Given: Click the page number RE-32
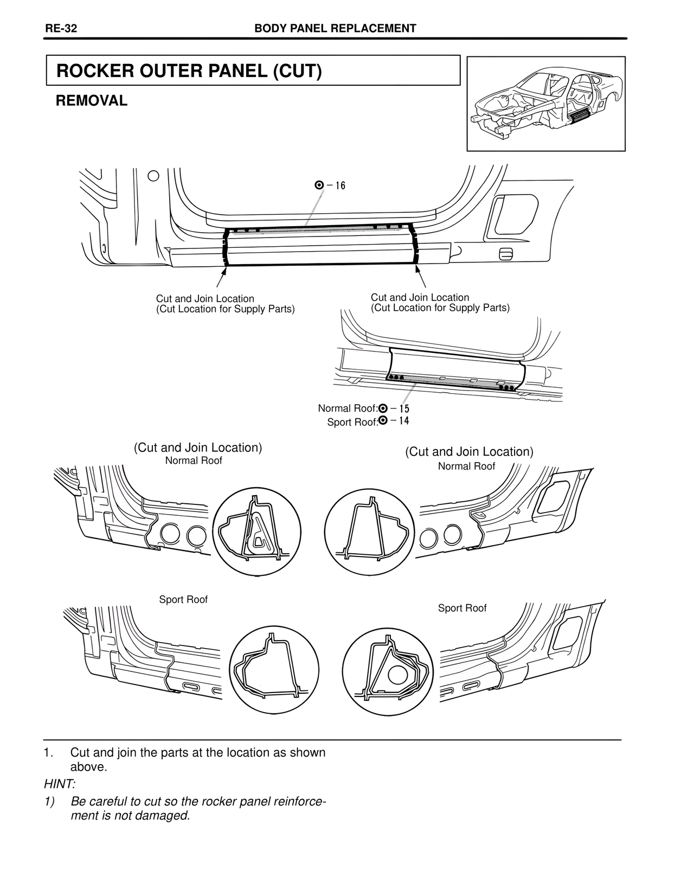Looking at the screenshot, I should click(61, 29).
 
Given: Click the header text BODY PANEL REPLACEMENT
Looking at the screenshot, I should click(335, 29).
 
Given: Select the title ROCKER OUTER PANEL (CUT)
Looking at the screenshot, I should click(189, 71).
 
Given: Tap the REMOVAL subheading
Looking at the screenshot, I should click(92, 101).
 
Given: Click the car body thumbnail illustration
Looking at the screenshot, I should click(546, 104).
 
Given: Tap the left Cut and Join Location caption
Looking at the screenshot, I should click(225, 304).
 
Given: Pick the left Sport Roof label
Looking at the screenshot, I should click(183, 599).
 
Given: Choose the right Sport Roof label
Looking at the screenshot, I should click(462, 608).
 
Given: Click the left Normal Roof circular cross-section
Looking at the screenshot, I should click(256, 532).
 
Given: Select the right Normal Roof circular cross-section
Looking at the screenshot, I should click(369, 532).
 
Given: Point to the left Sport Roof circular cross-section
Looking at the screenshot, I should click(274, 671).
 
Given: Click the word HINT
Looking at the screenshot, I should click(60, 784).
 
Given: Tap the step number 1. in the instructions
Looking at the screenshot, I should click(49, 753).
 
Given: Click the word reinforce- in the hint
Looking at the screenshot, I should click(299, 802).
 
